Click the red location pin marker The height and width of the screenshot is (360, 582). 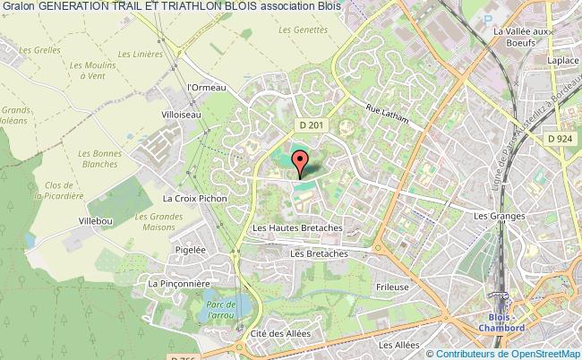pos(302,162)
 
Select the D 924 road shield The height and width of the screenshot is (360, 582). pos(559,138)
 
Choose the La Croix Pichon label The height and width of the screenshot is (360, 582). pos(188,197)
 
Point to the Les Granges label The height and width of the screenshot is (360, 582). pos(495,216)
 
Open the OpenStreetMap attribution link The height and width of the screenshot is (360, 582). pos(541,354)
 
